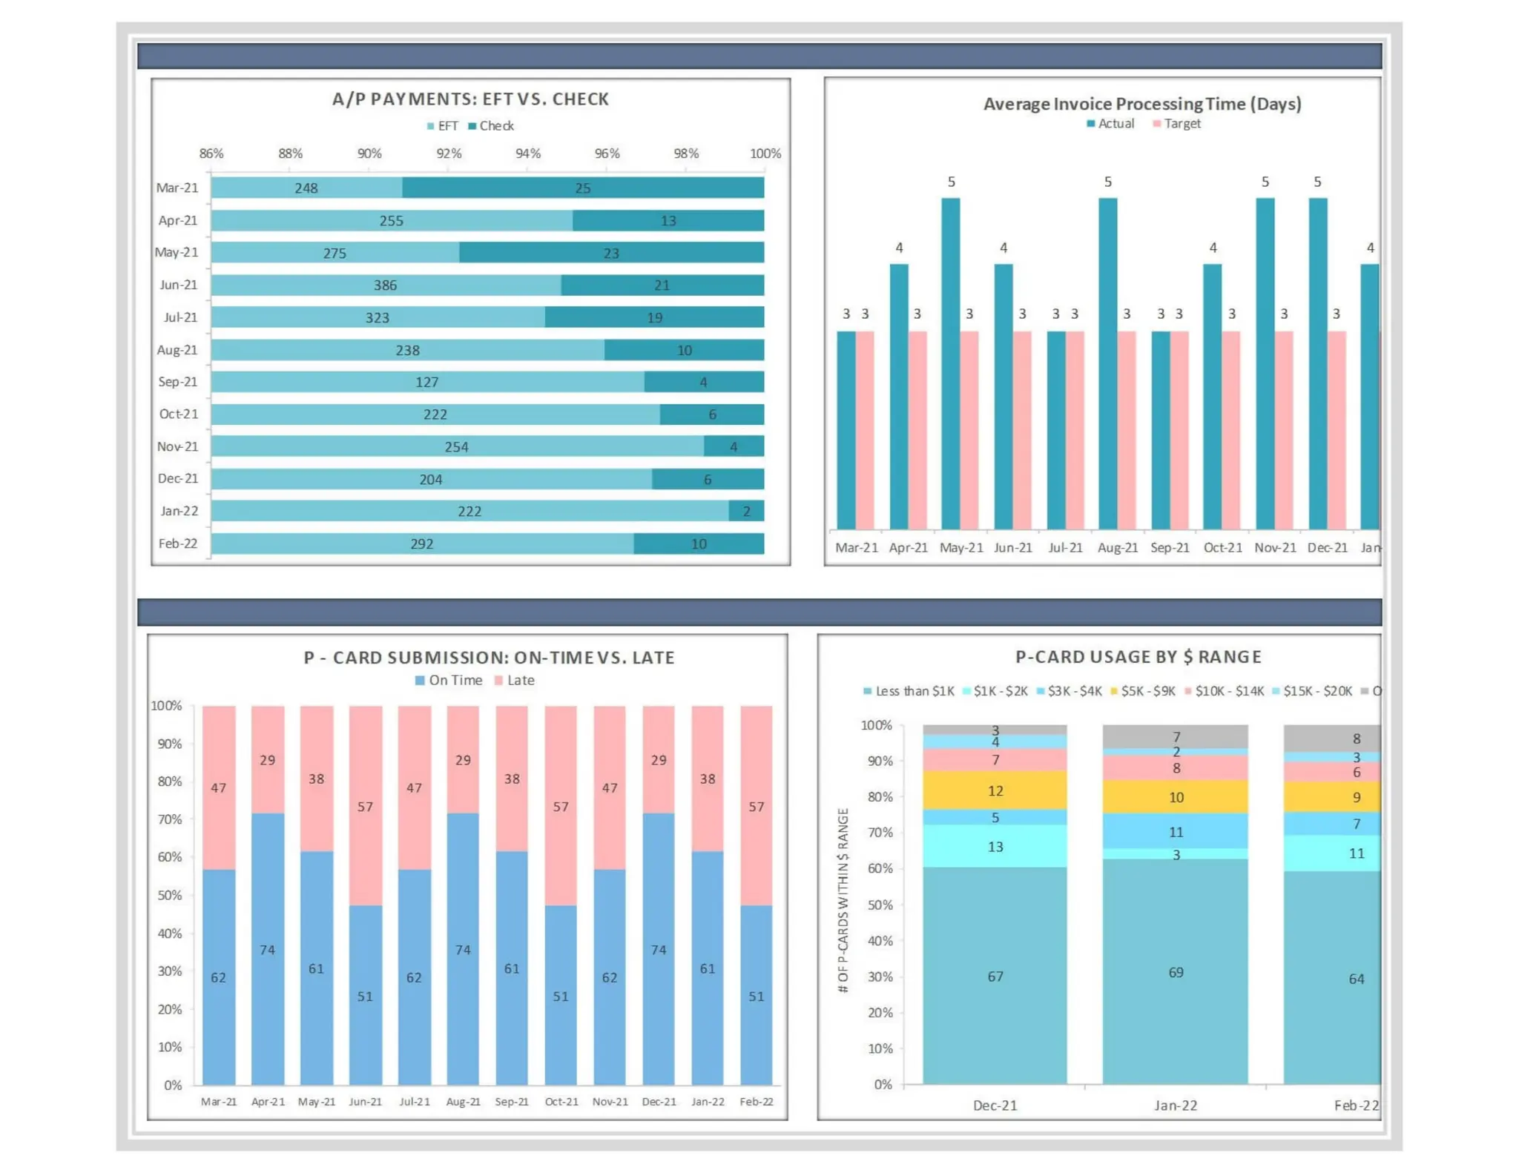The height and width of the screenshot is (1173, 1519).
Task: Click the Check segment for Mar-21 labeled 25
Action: click(583, 188)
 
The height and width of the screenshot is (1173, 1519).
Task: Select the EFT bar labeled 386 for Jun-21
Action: click(386, 285)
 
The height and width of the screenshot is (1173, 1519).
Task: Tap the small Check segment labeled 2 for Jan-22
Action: click(746, 511)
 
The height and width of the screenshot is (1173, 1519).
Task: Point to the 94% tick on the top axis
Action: click(527, 153)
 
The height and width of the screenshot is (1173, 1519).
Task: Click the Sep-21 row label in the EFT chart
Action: click(178, 382)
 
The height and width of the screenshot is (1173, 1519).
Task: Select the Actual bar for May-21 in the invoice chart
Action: click(950, 363)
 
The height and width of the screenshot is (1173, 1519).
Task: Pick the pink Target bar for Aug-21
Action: click(1126, 430)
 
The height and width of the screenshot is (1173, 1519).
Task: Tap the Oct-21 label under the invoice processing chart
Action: click(1222, 548)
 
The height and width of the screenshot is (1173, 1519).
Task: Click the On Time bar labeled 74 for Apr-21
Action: click(268, 949)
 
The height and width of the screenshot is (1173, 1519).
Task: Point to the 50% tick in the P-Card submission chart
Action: click(170, 895)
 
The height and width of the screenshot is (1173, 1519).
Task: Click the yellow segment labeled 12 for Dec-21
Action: click(995, 790)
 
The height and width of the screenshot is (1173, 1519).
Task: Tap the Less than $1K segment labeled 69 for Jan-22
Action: click(1176, 972)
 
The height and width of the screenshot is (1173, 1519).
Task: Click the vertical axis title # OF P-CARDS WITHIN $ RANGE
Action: click(843, 900)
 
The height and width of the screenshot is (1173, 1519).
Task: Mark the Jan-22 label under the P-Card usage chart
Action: click(1176, 1106)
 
